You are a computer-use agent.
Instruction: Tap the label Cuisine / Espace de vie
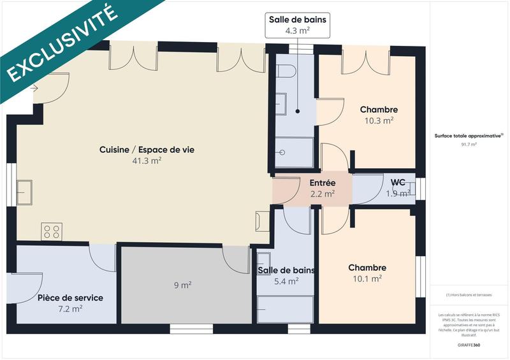pyautogui.click(x=147, y=150)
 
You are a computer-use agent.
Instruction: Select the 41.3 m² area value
pyautogui.click(x=147, y=161)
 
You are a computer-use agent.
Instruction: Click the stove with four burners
pyautogui.click(x=52, y=231)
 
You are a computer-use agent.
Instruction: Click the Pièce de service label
pyautogui.click(x=70, y=298)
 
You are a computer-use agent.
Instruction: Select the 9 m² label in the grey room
pyautogui.click(x=182, y=285)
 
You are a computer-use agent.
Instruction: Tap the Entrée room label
pyautogui.click(x=323, y=183)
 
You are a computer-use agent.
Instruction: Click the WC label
pyautogui.click(x=398, y=183)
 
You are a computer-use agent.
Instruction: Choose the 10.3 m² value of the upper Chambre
pyautogui.click(x=379, y=120)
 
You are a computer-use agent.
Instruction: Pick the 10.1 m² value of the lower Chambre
pyautogui.click(x=367, y=278)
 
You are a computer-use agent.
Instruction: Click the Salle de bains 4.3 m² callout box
pyautogui.click(x=297, y=24)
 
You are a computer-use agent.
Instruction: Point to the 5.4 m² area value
pyautogui.click(x=286, y=281)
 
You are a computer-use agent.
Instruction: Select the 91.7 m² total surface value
pyautogui.click(x=469, y=145)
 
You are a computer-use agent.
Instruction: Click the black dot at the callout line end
pyautogui.click(x=297, y=111)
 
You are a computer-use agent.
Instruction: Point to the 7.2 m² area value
pyautogui.click(x=70, y=308)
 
